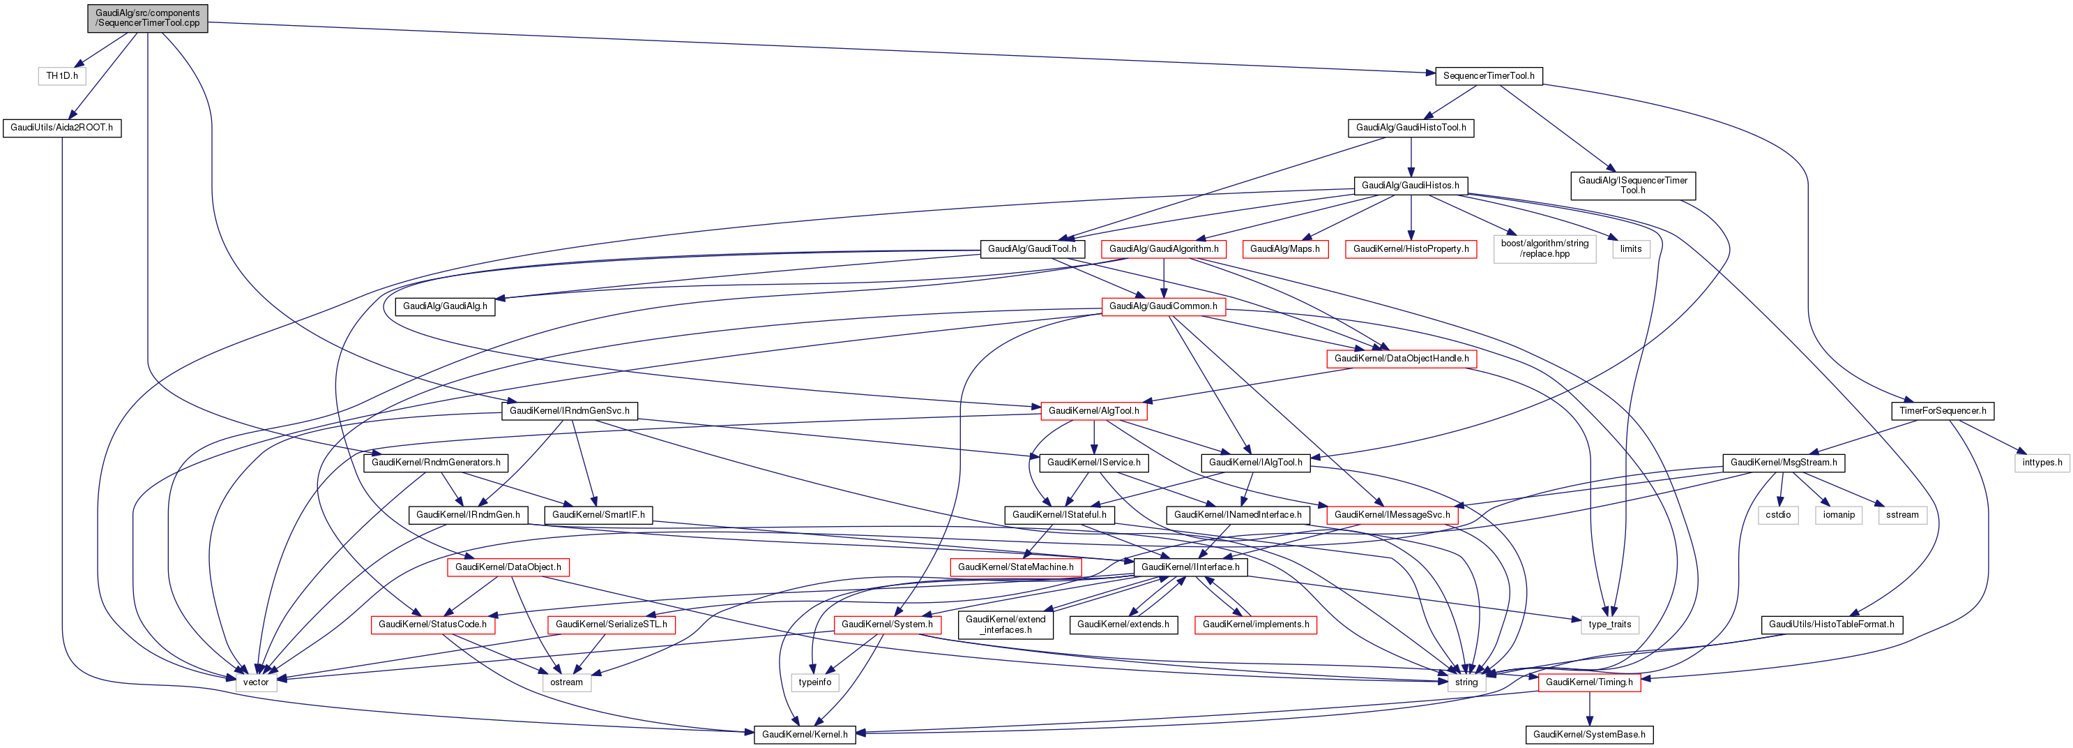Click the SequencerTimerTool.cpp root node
(147, 17)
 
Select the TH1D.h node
(62, 75)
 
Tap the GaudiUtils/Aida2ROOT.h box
(62, 127)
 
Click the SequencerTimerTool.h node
(1488, 75)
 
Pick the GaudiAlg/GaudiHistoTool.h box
(1410, 127)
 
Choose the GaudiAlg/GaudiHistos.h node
(1410, 185)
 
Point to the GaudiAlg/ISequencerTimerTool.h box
(1632, 185)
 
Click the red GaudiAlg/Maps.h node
(1284, 249)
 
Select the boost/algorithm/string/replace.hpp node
(1544, 249)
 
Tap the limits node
(1630, 249)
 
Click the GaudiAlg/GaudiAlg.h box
(445, 306)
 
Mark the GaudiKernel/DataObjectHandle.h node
(1401, 358)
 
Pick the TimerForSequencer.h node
(1942, 411)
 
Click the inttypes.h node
(2042, 462)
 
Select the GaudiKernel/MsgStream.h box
(1784, 462)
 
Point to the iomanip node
(1839, 514)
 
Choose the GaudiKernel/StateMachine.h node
(1015, 567)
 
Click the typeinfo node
(814, 682)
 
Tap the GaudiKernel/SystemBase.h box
(1588, 734)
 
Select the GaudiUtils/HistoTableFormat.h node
(1831, 624)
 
